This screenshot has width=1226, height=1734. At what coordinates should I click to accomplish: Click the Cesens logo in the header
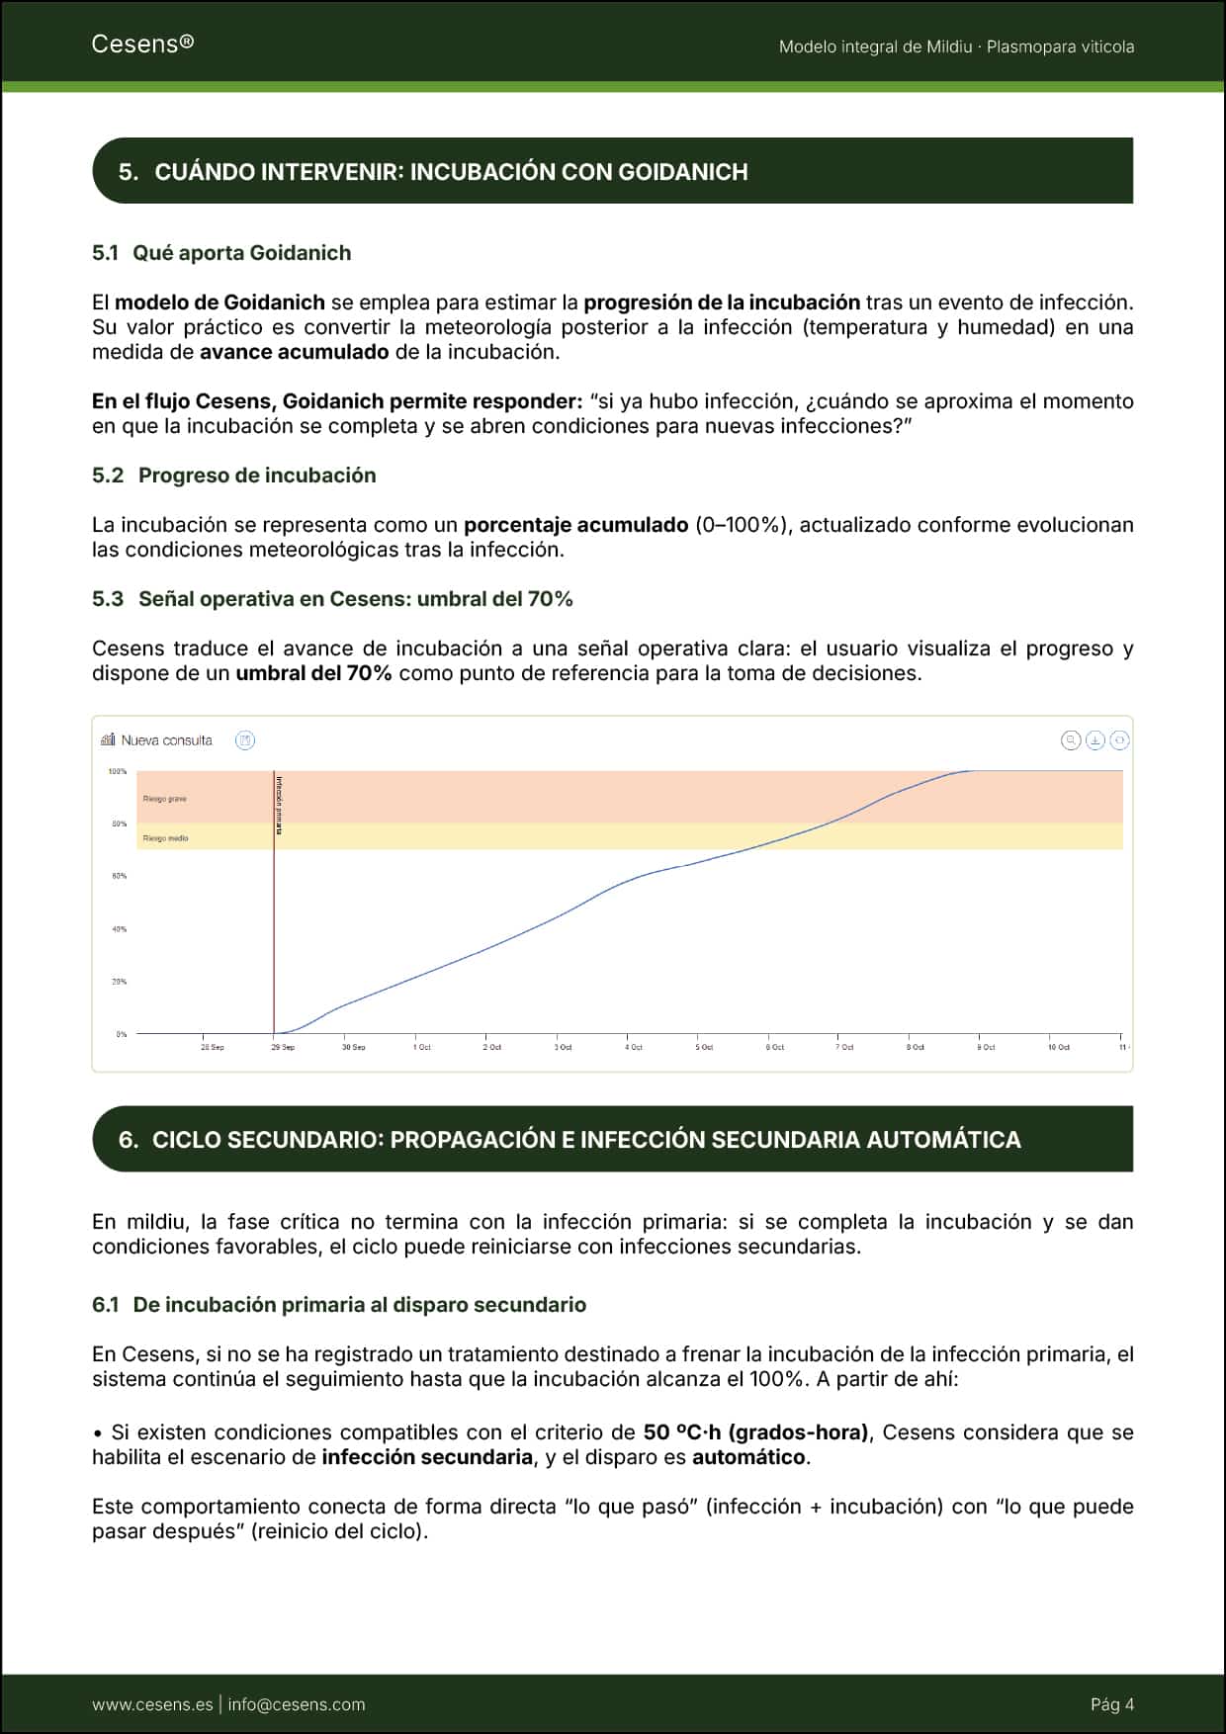[141, 43]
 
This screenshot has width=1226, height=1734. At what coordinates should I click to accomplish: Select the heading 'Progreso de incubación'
[257, 476]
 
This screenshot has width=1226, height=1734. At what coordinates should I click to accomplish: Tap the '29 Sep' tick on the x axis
[283, 1047]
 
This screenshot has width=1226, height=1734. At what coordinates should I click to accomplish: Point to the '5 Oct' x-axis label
[704, 1047]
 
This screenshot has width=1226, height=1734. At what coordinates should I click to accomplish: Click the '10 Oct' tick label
[1058, 1047]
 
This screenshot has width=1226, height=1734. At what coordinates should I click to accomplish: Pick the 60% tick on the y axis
[119, 877]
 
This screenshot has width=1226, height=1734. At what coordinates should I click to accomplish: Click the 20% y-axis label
[119, 982]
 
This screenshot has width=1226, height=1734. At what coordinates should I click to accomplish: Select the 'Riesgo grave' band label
[164, 799]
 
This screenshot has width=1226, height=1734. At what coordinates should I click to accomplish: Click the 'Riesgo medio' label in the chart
[165, 838]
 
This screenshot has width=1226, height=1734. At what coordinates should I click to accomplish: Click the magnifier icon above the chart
[1070, 740]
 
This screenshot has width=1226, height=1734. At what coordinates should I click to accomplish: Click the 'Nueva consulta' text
[166, 740]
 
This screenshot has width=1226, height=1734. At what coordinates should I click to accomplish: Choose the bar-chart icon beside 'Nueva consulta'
[108, 739]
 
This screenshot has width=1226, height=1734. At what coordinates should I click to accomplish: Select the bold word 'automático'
[749, 1457]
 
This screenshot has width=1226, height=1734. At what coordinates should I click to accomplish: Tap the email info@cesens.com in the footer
[296, 1704]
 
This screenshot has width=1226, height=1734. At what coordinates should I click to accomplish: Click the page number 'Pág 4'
[1111, 1704]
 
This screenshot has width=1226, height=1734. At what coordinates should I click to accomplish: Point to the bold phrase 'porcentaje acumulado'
[575, 525]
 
